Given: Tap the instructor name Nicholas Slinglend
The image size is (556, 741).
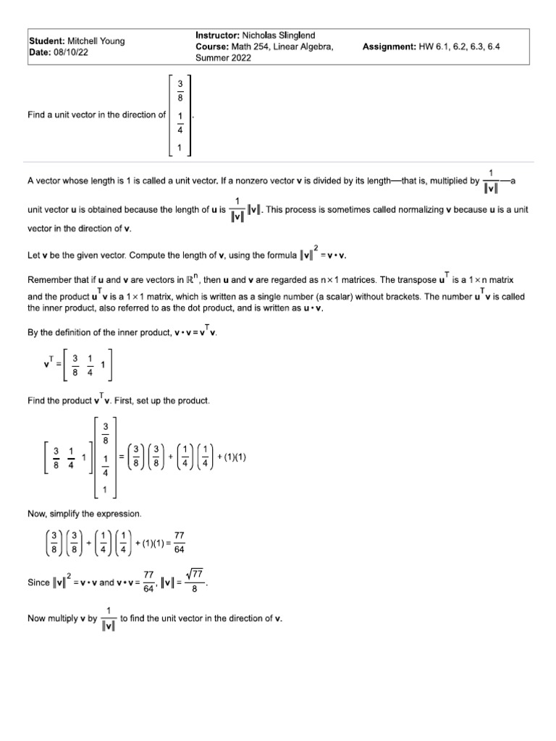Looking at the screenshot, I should (x=279, y=35).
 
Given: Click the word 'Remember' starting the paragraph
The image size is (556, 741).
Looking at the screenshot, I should (x=49, y=279).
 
